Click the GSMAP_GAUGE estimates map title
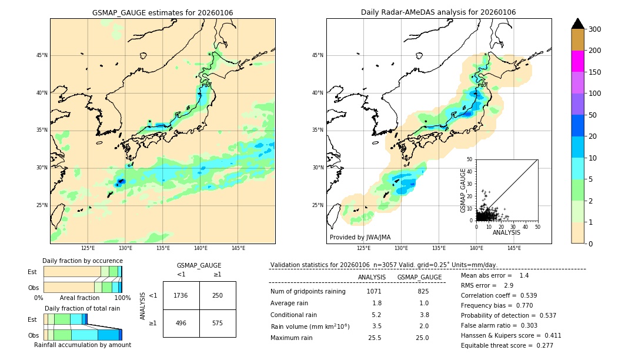162,12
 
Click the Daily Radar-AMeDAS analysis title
438,12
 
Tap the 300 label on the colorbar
594,29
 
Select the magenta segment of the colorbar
577,61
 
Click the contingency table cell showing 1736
181,295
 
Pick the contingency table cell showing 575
218,323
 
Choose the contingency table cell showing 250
218,295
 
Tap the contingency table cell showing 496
181,323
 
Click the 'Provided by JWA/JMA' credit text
360,238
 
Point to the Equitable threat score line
507,345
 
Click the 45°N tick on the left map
42,55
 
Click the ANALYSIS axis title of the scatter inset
506,232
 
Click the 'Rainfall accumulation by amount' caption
82,345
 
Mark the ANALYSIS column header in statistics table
372,277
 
